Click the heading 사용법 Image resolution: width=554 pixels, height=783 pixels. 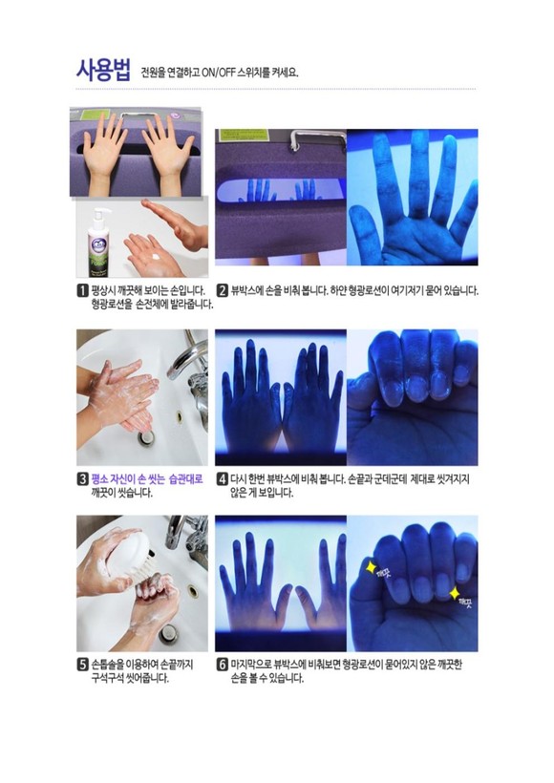click(x=103, y=70)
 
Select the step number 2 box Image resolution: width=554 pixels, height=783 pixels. click(x=223, y=290)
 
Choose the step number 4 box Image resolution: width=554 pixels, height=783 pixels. click(x=223, y=479)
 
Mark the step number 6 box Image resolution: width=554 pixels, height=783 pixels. click(x=223, y=665)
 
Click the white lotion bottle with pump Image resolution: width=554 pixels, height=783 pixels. click(x=100, y=243)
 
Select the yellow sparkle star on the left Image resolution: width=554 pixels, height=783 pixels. click(x=372, y=568)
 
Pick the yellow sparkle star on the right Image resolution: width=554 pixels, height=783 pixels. click(x=455, y=593)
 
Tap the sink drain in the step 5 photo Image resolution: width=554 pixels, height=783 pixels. click(x=167, y=633)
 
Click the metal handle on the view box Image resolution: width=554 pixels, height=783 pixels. click(x=317, y=138)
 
